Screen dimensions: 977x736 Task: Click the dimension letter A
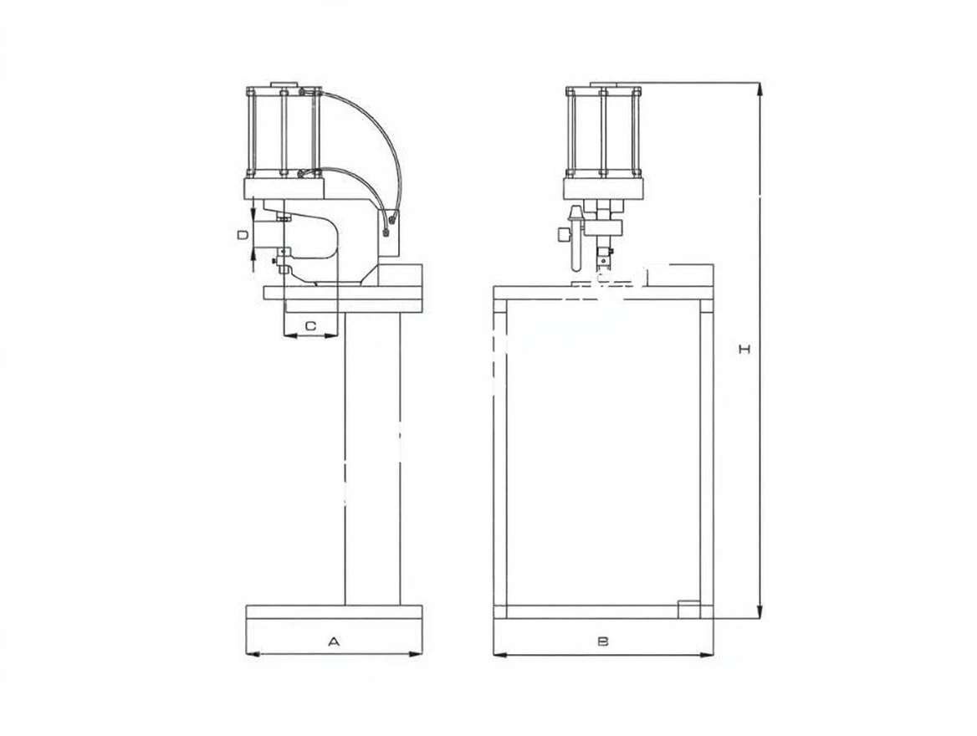coord(334,641)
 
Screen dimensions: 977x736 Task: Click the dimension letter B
coord(602,641)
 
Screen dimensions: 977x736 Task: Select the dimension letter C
coord(310,326)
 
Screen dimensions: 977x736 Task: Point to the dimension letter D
coord(243,235)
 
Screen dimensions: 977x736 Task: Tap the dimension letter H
coord(744,349)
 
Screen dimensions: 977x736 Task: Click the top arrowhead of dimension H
coord(760,89)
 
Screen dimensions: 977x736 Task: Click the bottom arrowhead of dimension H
coord(760,611)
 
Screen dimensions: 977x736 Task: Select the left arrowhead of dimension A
coord(253,654)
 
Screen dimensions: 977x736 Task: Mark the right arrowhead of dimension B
coord(706,654)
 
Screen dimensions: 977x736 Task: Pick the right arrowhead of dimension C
coord(331,335)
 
